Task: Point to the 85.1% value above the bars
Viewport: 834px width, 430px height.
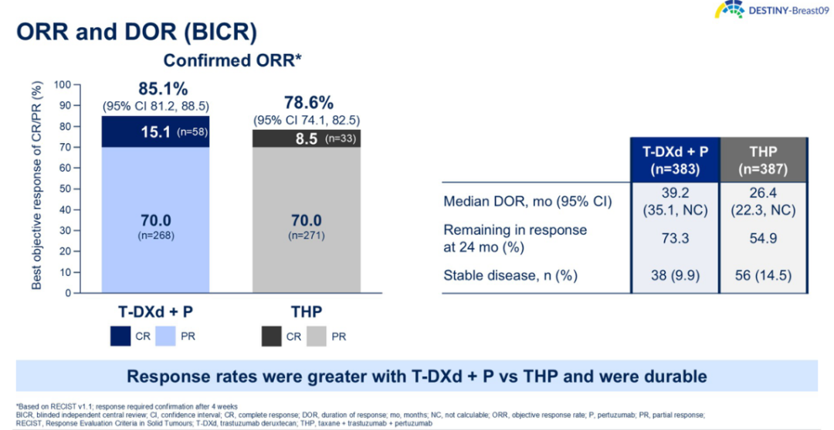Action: click(x=163, y=88)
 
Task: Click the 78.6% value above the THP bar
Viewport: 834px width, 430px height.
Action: click(x=308, y=103)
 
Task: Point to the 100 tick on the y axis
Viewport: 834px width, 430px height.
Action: click(x=62, y=84)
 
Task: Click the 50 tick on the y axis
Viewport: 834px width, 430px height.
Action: click(x=64, y=189)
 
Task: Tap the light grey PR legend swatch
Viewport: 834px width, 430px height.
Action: click(x=316, y=336)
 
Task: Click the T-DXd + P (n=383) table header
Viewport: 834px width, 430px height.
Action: click(x=675, y=159)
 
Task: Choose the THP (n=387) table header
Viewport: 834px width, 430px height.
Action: click(x=763, y=159)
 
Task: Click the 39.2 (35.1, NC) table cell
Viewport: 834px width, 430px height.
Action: click(x=675, y=202)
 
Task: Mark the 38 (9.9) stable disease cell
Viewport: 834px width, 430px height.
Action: click(x=675, y=275)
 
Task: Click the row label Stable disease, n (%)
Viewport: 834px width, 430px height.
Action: click(x=510, y=275)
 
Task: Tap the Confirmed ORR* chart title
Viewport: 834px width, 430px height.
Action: click(x=231, y=60)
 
